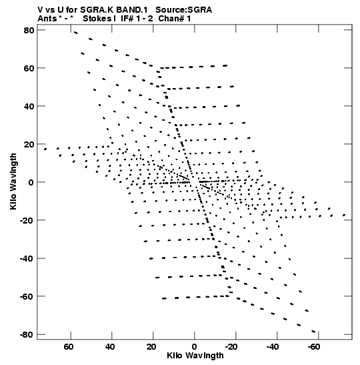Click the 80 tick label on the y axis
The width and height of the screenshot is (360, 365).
pos(29,30)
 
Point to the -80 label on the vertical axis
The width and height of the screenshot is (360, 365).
pos(27,335)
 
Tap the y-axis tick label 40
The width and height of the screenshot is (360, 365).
pos(29,106)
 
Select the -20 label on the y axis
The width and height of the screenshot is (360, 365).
pos(27,220)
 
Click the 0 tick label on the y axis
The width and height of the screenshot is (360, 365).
pos(31,182)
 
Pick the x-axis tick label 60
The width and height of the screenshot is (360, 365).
pos(69,347)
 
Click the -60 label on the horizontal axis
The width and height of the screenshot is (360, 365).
pos(314,347)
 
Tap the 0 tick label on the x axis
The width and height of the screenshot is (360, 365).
pos(194,347)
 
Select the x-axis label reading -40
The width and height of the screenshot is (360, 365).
pos(273,347)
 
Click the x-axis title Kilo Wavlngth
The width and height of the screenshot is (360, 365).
pos(195,356)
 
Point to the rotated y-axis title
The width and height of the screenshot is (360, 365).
pos(13,181)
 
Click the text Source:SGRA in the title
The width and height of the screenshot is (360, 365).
pos(184,10)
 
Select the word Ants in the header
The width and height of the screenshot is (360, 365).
pos(47,19)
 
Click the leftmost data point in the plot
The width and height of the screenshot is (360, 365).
pos(45,149)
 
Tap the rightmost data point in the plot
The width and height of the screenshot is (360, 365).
pos(344,215)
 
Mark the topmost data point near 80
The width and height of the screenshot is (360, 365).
pos(75,33)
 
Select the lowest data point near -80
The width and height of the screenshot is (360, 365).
pos(313,332)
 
